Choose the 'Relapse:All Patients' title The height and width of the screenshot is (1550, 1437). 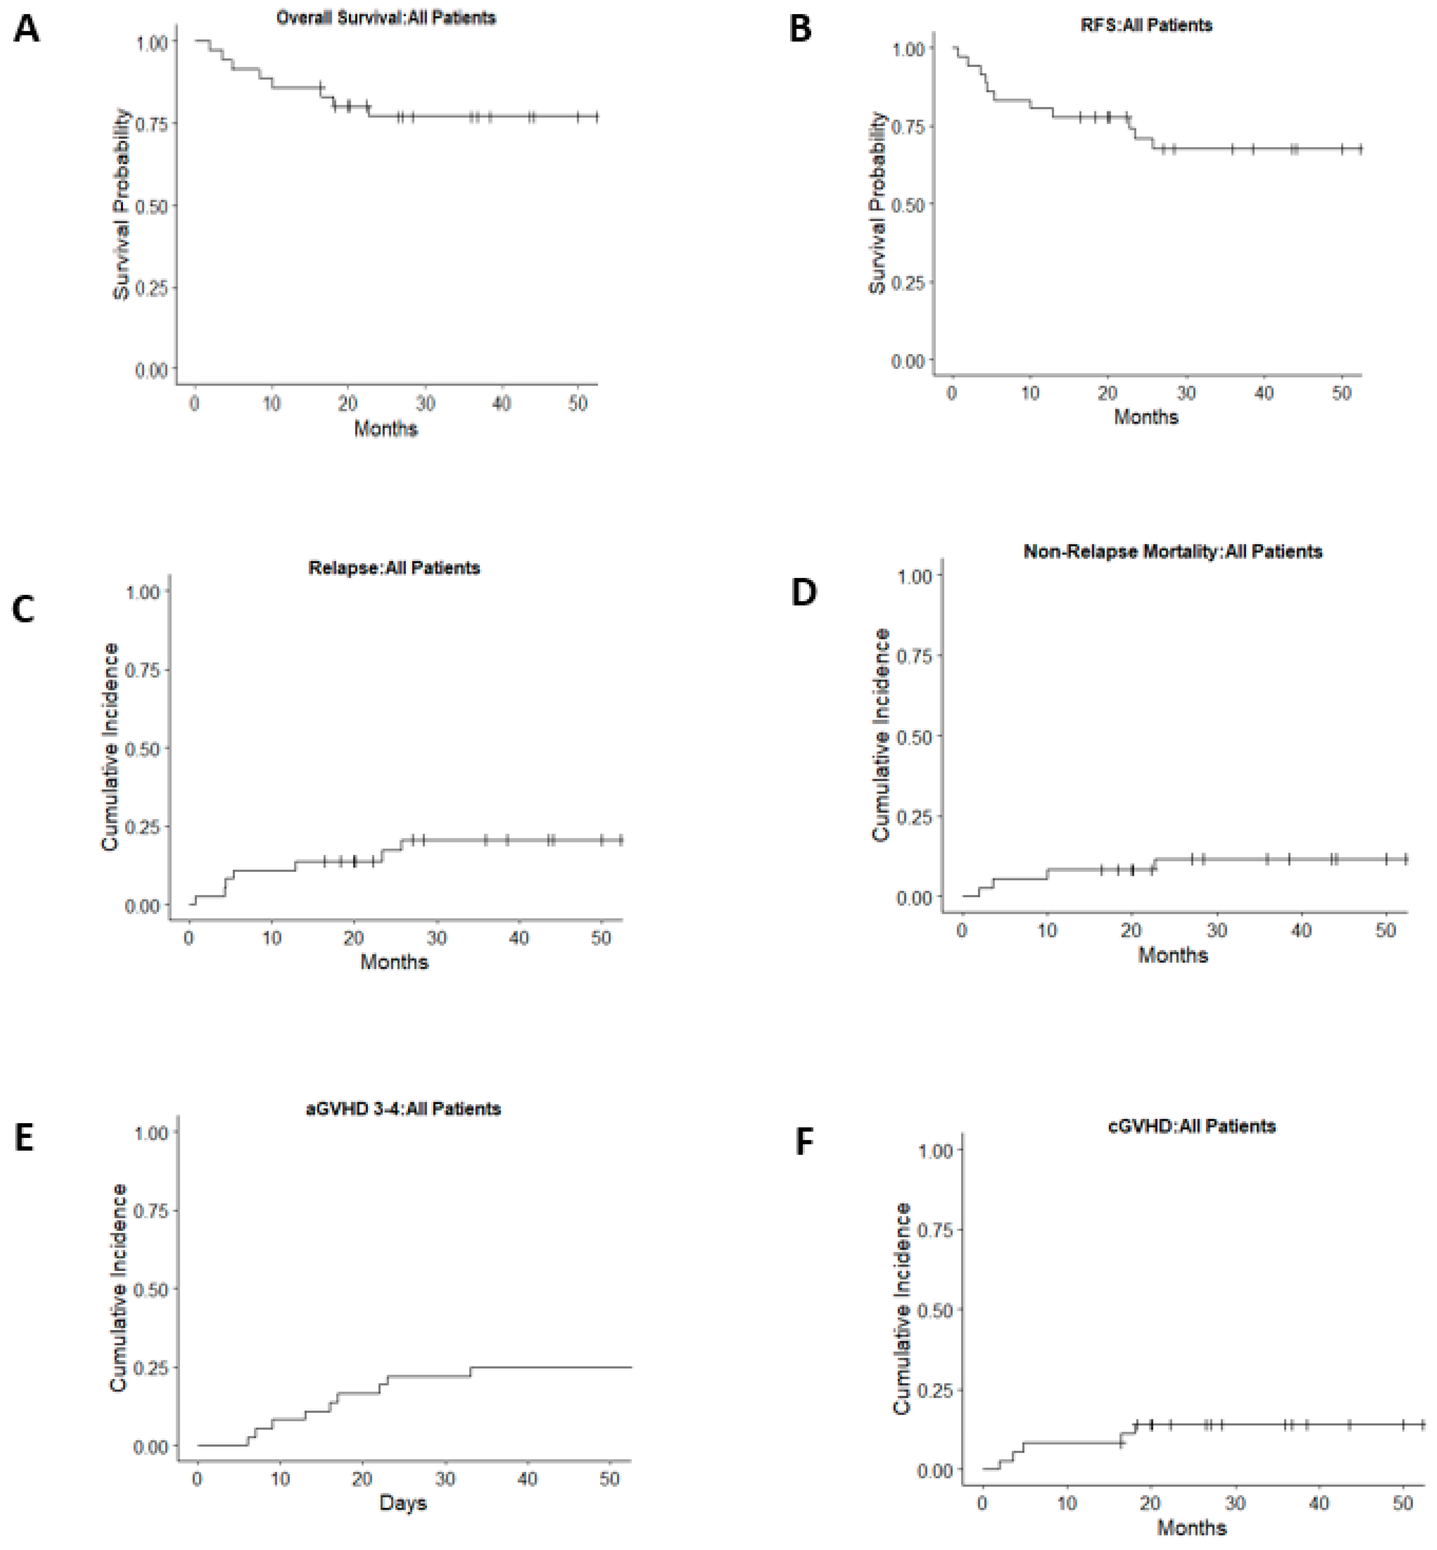(394, 568)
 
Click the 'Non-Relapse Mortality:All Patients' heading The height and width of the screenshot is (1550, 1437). (1173, 551)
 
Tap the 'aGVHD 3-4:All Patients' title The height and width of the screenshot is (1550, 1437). (403, 1108)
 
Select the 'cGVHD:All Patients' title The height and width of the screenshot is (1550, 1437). (1191, 1126)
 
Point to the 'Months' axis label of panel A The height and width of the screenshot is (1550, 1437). (386, 428)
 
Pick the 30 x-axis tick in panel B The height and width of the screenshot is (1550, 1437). (1186, 394)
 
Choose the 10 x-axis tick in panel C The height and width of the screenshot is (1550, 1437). (272, 938)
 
